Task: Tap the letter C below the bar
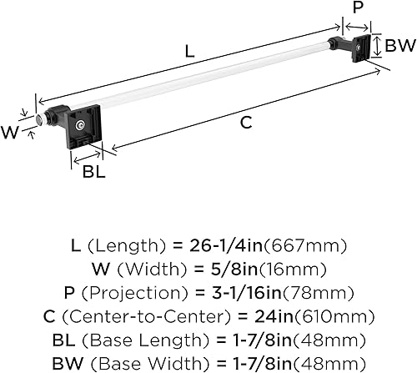pyautogui.click(x=246, y=123)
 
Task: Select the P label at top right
pyautogui.click(x=358, y=8)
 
